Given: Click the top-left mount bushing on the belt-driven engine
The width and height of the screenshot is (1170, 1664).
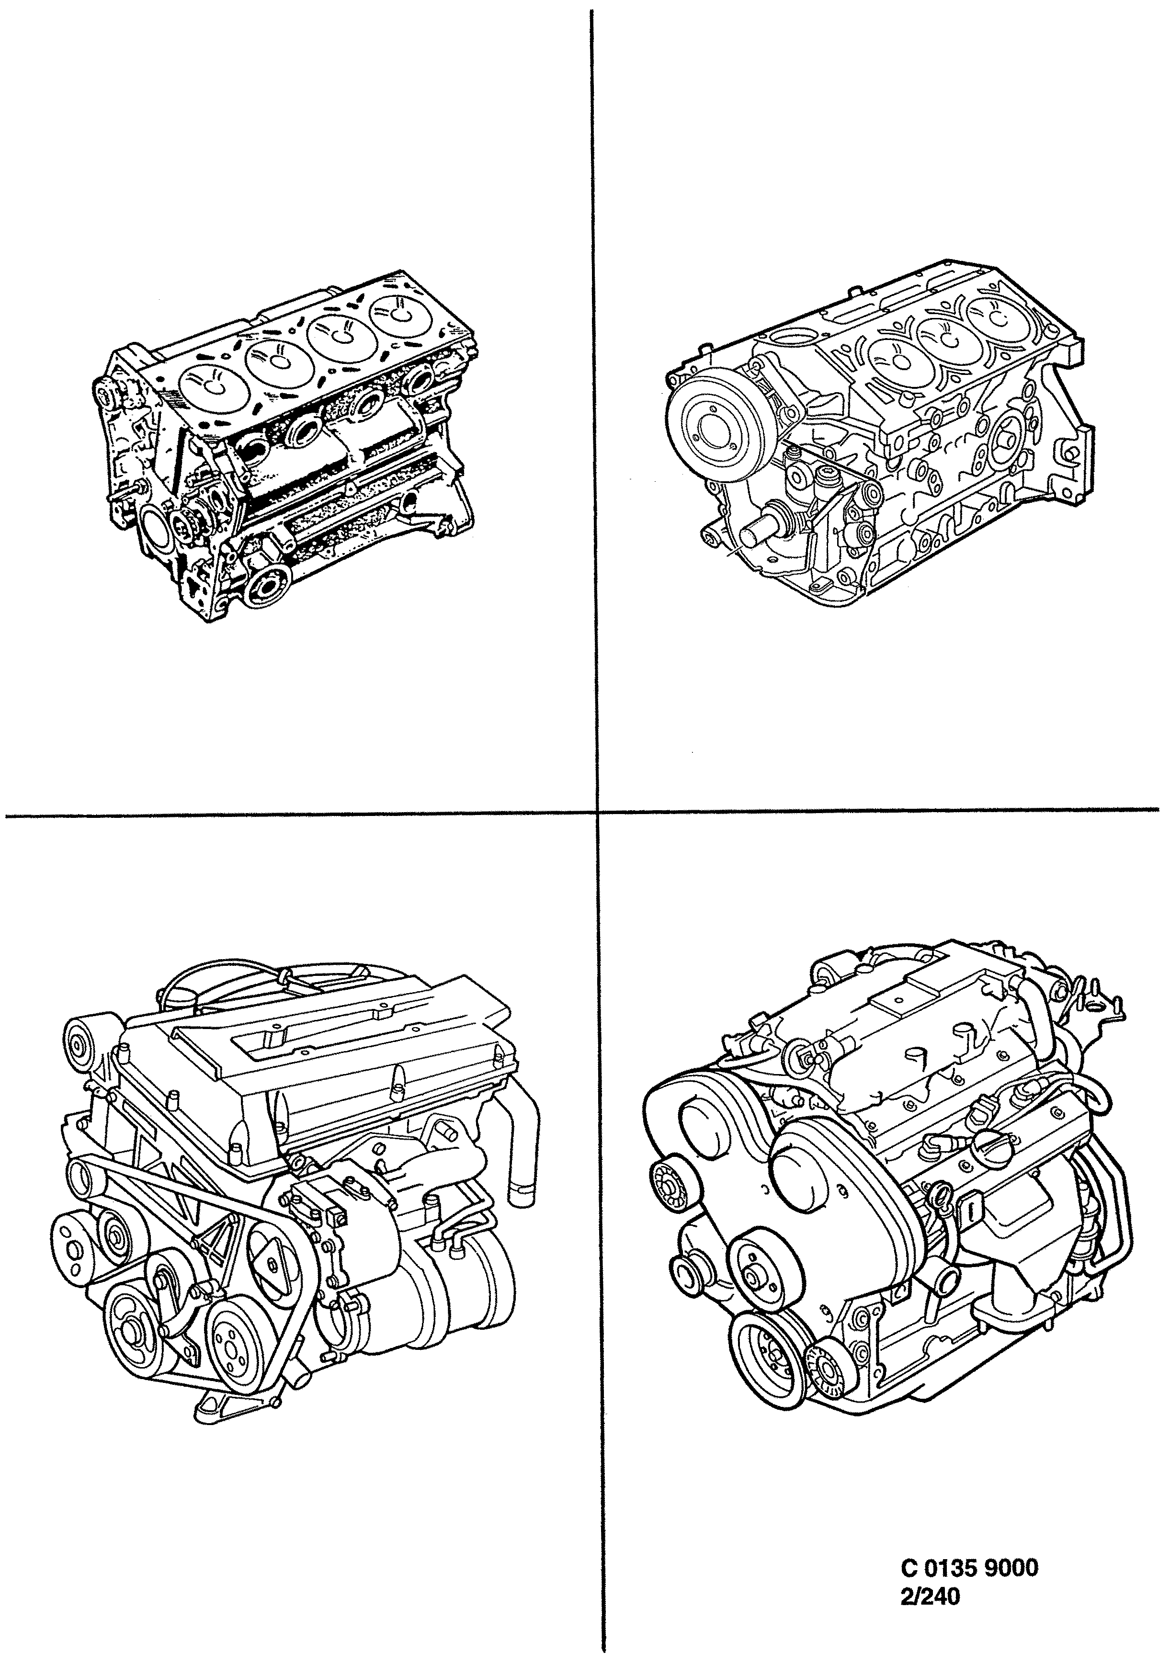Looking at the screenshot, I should pos(81,1044).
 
